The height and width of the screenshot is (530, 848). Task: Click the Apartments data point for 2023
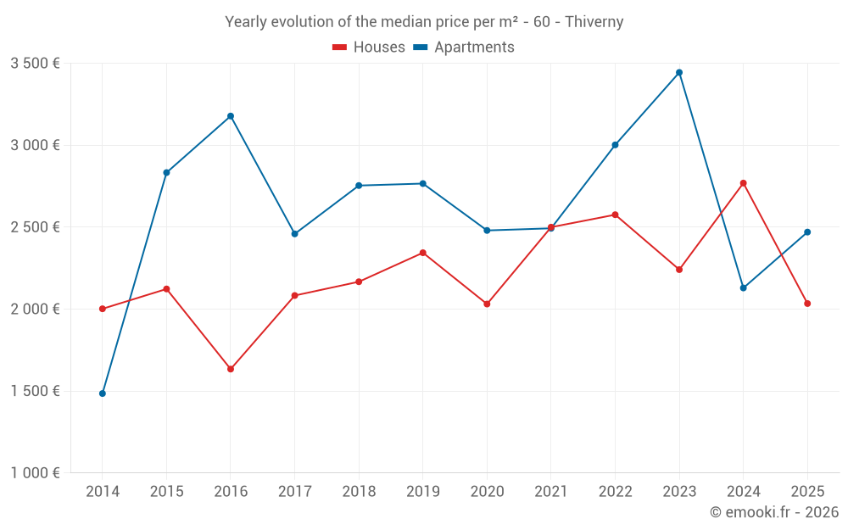point(679,73)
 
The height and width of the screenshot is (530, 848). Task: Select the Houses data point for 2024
point(744,183)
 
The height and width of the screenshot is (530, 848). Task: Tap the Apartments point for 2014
point(103,393)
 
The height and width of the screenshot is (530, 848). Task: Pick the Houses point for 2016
point(231,369)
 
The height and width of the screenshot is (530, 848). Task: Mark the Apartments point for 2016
point(231,116)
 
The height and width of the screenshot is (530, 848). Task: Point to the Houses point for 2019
point(423,253)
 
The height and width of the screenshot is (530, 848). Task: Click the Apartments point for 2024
point(744,288)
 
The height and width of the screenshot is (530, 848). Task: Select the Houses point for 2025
point(807,304)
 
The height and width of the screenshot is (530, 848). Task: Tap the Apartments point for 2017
point(294,234)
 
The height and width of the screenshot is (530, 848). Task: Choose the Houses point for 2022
point(615,215)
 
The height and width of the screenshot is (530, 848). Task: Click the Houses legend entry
point(369,47)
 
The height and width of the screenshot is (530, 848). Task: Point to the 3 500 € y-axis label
point(35,64)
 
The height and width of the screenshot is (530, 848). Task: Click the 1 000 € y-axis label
point(35,473)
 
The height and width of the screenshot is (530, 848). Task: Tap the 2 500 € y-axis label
point(35,227)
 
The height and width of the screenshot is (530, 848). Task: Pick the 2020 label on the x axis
point(487,492)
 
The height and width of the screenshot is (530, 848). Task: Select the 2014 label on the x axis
point(103,492)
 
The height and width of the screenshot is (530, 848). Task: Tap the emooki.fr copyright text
point(773,512)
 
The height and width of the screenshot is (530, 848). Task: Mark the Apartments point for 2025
point(807,232)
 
